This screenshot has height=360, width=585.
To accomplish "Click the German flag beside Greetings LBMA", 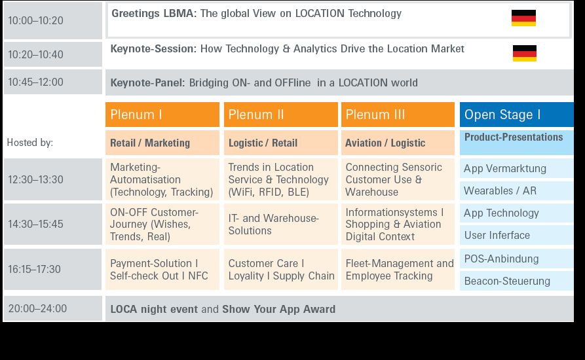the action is click(523, 18).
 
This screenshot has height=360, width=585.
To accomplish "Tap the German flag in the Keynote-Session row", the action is click(525, 53).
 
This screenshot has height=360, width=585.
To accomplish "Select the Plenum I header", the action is click(162, 115).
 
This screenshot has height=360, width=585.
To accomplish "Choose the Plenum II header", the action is click(280, 115).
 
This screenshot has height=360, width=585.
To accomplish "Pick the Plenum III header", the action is click(398, 115).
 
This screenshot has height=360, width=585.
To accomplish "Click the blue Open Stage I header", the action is click(517, 115).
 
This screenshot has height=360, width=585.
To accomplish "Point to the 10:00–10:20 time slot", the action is click(52, 20).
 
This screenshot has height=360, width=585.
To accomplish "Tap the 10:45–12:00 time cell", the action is click(52, 82).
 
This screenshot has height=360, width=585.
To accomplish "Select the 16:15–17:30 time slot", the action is click(52, 269).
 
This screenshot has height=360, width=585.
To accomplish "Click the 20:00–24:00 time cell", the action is click(52, 308).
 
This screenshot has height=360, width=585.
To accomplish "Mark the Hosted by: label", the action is click(30, 142).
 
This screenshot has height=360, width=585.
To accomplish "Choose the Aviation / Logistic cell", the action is click(398, 143).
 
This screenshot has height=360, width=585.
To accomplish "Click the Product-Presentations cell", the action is click(517, 142).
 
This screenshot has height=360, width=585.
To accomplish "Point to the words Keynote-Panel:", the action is click(148, 82).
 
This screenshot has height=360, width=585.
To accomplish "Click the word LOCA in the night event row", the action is click(124, 310).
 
